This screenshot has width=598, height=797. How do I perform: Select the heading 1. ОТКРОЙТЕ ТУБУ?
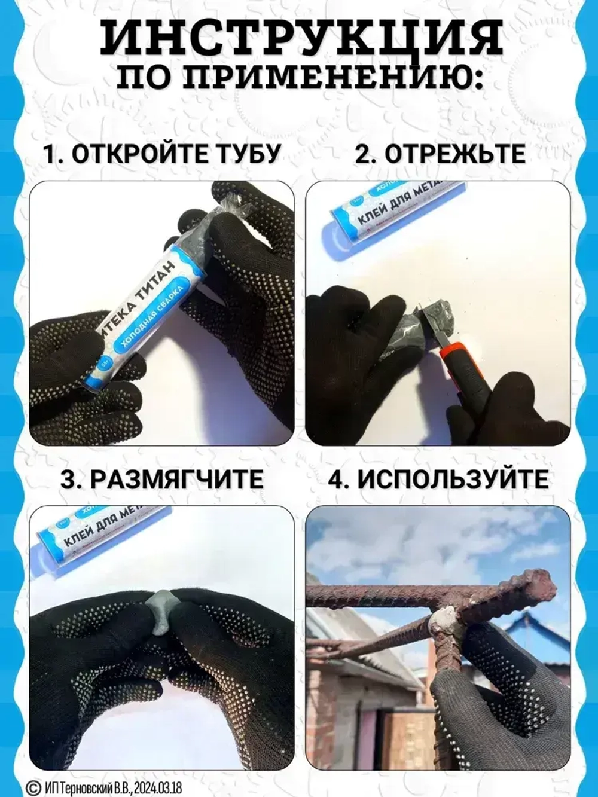click(x=162, y=154)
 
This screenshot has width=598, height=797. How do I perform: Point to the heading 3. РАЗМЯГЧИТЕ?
click(x=162, y=480)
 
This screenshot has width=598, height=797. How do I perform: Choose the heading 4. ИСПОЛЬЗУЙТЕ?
click(x=438, y=480)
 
